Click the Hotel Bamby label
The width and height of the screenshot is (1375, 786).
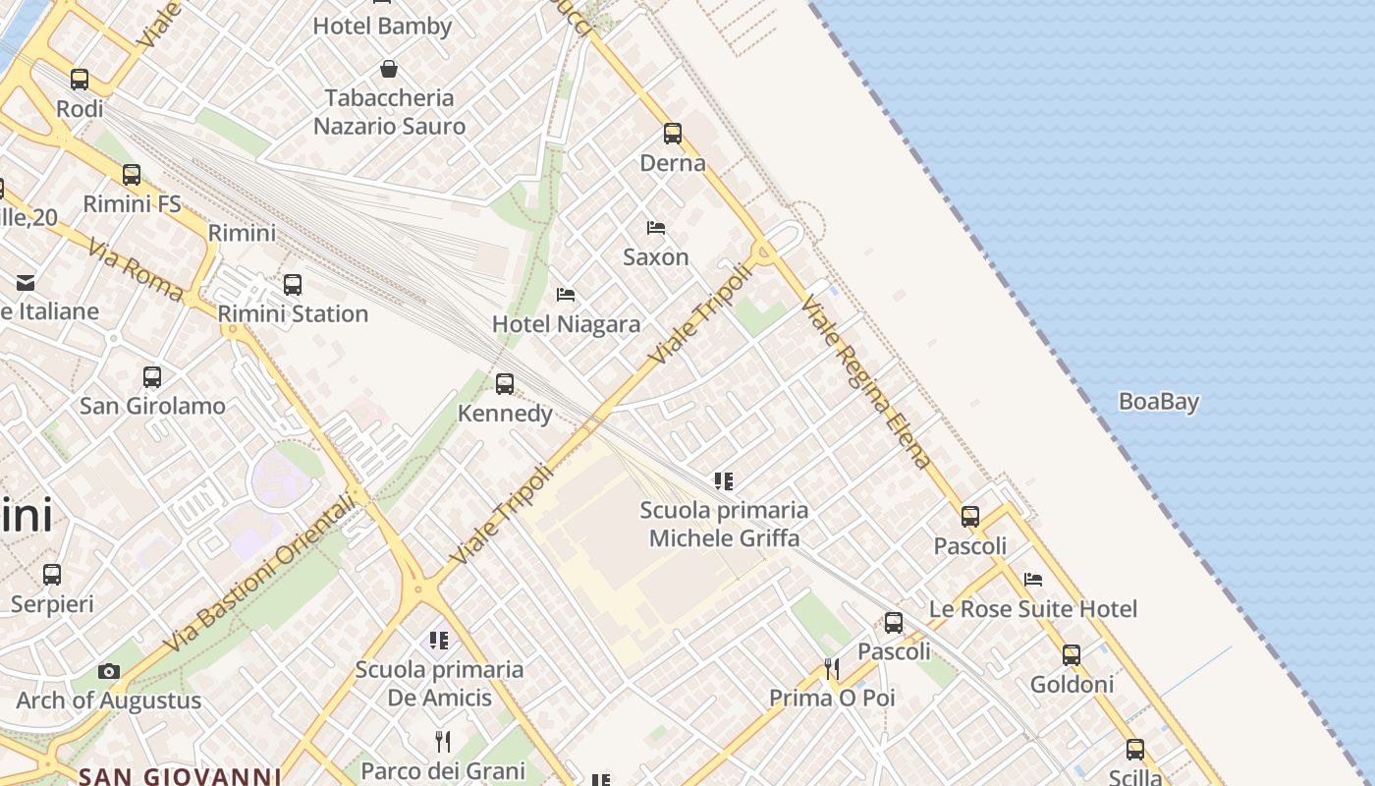pyautogui.click(x=382, y=27)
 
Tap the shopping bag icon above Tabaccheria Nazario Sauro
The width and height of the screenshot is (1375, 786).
pyautogui.click(x=389, y=69)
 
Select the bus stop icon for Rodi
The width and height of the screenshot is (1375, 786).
pyautogui.click(x=80, y=80)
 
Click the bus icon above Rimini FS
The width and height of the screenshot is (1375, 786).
pyautogui.click(x=132, y=175)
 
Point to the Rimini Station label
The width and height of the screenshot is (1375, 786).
pyautogui.click(x=293, y=313)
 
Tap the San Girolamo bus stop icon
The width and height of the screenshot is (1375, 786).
pyautogui.click(x=152, y=376)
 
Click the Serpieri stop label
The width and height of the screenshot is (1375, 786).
pyautogui.click(x=52, y=603)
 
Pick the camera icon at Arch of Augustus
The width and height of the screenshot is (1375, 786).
pyautogui.click(x=109, y=672)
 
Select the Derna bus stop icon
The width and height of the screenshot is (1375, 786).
pyautogui.click(x=673, y=134)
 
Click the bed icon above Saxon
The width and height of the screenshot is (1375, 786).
pyautogui.click(x=656, y=228)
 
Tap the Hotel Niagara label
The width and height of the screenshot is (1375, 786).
pyautogui.click(x=566, y=324)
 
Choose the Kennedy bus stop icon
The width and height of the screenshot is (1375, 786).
pyautogui.click(x=505, y=384)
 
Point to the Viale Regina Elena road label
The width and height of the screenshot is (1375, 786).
pyautogui.click(x=865, y=382)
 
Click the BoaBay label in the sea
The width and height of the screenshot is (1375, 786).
pyautogui.click(x=1159, y=402)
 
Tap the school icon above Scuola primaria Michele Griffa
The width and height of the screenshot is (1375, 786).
pyautogui.click(x=724, y=481)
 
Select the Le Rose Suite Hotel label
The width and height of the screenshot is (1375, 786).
pyautogui.click(x=1033, y=609)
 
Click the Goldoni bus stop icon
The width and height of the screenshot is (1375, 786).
pyautogui.click(x=1072, y=654)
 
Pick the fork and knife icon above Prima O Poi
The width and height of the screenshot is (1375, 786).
pyautogui.click(x=832, y=669)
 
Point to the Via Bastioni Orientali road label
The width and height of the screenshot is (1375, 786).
pyautogui.click(x=259, y=574)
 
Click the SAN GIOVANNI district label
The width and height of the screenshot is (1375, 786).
pyautogui.click(x=180, y=776)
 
